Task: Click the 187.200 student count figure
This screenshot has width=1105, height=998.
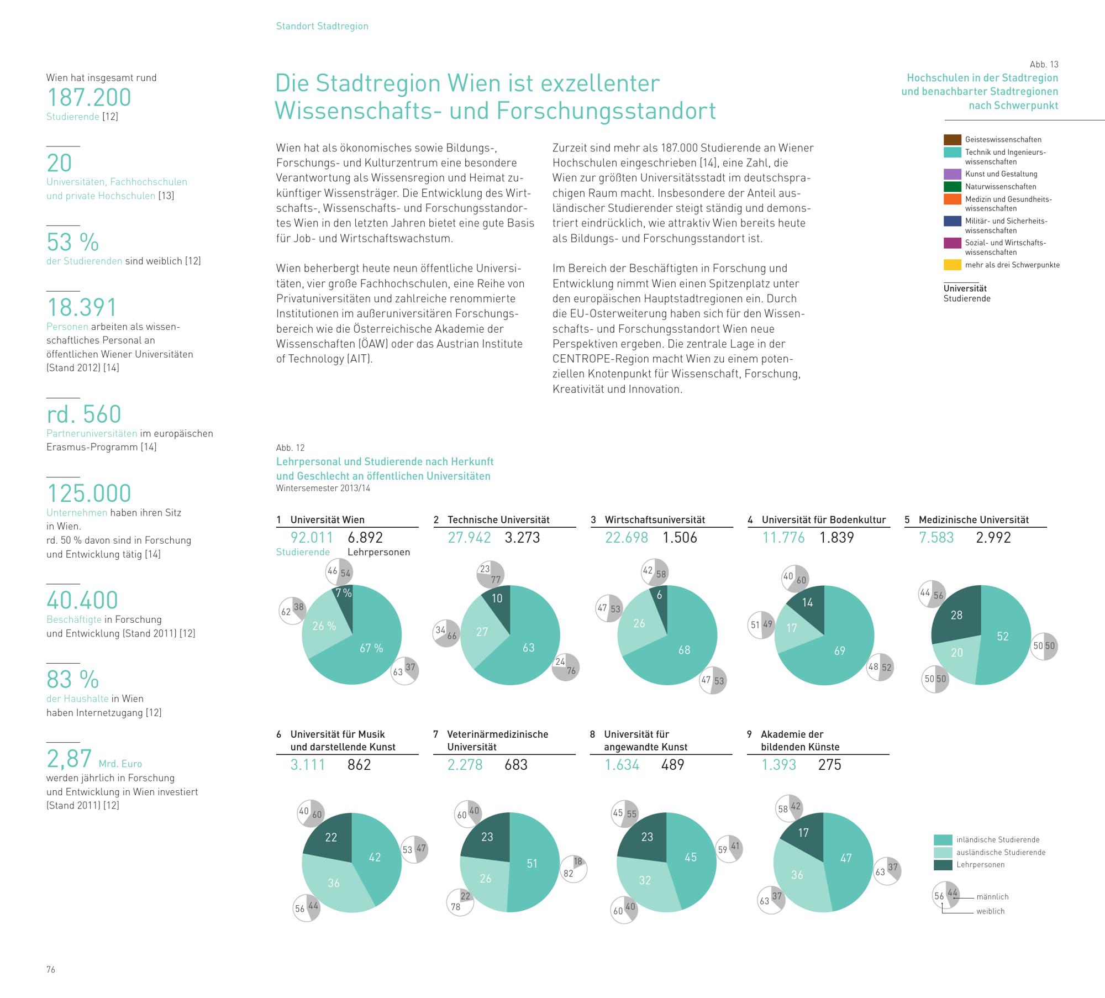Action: [x=89, y=97]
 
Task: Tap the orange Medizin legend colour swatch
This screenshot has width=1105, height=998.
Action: [x=952, y=199]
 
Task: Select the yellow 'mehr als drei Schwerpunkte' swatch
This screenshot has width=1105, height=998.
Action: [x=952, y=265]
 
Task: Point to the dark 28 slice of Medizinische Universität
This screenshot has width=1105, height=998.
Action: [x=956, y=615]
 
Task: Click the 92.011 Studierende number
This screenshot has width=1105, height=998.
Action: [x=312, y=538]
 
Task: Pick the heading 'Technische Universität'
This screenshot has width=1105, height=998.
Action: [x=498, y=519]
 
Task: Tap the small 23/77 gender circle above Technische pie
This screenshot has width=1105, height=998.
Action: [x=490, y=574]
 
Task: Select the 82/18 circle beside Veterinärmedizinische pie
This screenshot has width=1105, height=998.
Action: [x=573, y=868]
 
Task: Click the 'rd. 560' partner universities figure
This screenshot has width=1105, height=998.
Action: [x=84, y=414]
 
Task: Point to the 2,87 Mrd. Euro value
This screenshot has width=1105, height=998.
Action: [x=70, y=759]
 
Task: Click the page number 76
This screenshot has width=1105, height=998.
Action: [x=51, y=970]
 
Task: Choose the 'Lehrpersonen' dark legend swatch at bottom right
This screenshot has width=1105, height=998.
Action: [x=943, y=865]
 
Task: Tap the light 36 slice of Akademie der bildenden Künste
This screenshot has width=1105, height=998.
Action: [x=797, y=875]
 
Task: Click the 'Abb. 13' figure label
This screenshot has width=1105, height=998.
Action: [x=1044, y=64]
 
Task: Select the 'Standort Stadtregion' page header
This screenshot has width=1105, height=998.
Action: [x=322, y=26]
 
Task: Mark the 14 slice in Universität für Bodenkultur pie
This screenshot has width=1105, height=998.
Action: [x=807, y=602]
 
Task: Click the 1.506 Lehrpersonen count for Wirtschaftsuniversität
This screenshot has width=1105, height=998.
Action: [x=680, y=538]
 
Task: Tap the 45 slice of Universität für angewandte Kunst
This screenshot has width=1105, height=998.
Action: [x=691, y=857]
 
